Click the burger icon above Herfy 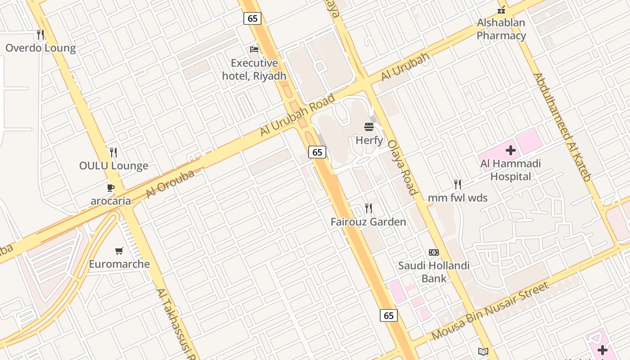pos(369,127)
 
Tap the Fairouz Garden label pos(368,222)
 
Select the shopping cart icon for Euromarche pos(119,251)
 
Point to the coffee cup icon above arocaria pos(111,188)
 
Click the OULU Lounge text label pos(113,166)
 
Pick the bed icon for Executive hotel pos(254,49)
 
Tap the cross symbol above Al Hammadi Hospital pos(510,150)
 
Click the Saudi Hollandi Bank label pos(434,272)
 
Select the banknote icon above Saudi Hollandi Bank pos(434,252)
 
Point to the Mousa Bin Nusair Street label pos(490,311)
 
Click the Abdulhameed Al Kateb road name pos(562,127)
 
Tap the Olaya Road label pos(403,167)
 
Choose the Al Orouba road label pos(170,184)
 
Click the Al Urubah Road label pos(298,115)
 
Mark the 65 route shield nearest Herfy pos(317,152)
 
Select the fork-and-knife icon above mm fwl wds pos(458,184)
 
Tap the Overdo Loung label pos(40,48)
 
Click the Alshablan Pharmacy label pos(501,29)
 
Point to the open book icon pos(483,351)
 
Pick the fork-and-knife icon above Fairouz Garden pos(369,208)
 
